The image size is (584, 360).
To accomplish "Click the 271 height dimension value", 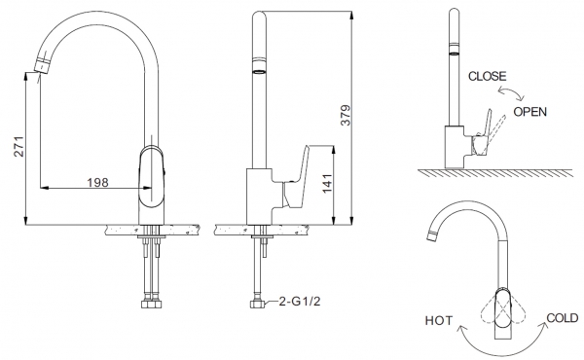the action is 19,147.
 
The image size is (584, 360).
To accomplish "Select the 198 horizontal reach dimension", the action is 98,182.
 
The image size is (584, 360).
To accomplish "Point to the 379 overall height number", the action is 346,115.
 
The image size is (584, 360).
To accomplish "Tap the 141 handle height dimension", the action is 327,184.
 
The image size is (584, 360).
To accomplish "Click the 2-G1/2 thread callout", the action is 300,302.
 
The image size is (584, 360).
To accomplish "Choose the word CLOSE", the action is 488,76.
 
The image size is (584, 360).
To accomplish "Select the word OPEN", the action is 530,112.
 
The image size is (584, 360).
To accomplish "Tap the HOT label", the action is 439,320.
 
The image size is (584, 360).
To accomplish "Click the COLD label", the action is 563,318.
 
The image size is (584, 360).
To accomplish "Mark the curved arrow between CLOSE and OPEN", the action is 512,91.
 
